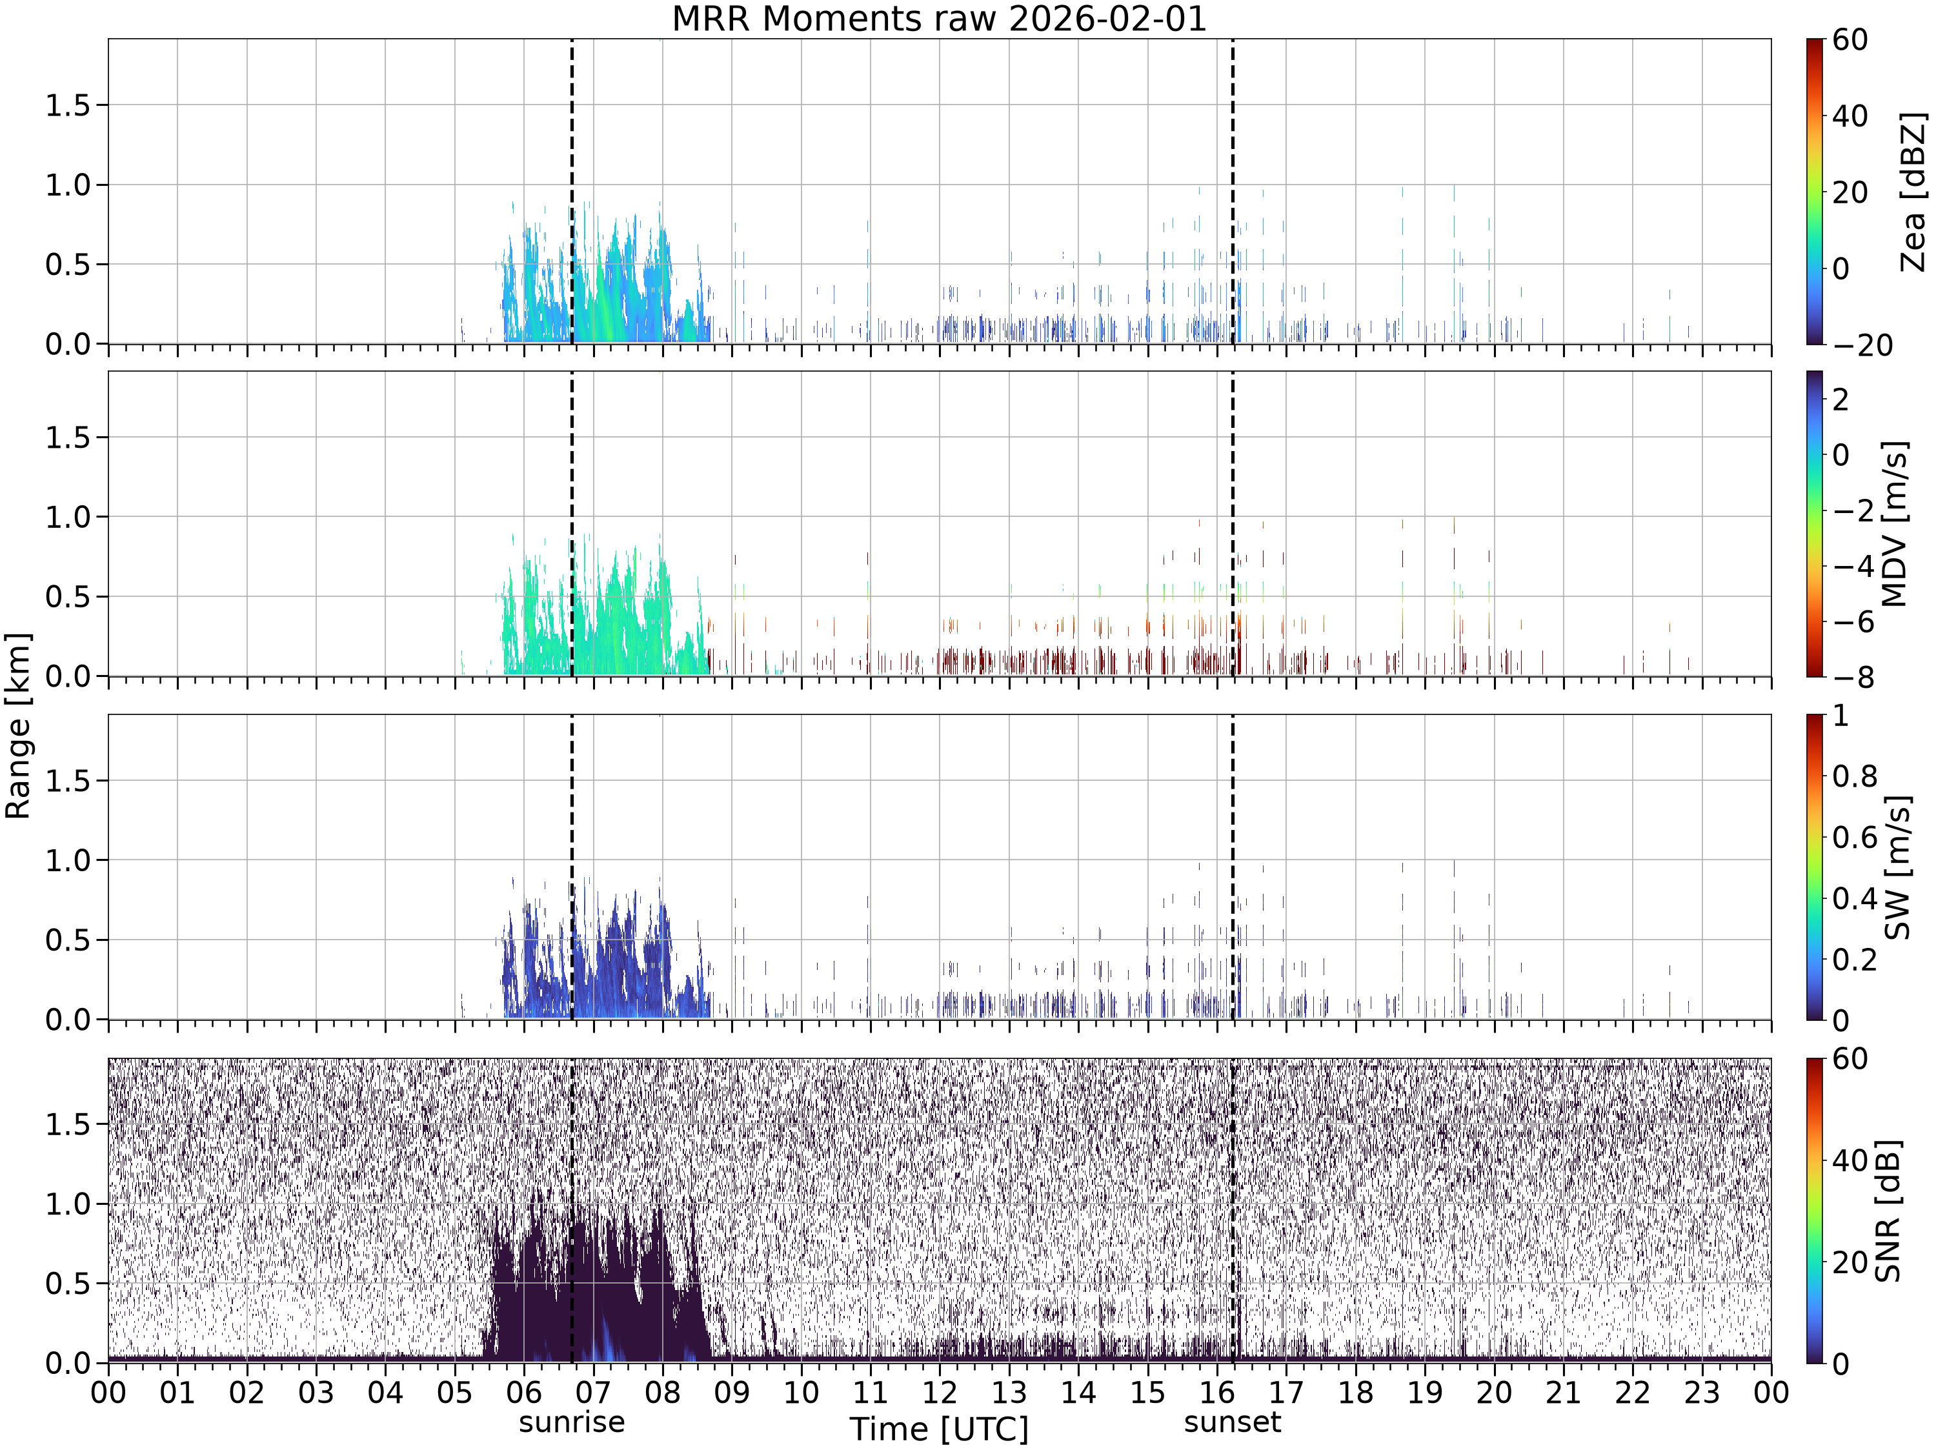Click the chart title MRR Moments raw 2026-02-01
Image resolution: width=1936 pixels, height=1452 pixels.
tap(939, 18)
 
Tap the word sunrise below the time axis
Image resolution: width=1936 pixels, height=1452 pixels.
tap(572, 1422)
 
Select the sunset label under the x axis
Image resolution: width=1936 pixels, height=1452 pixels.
tap(1233, 1422)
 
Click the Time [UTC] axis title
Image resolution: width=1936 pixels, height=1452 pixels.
tap(939, 1430)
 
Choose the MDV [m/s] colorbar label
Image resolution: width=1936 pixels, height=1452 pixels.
tap(1895, 524)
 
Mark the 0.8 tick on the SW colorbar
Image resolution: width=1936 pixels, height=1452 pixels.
tap(1855, 776)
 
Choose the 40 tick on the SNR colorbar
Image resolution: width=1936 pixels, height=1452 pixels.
tap(1850, 1160)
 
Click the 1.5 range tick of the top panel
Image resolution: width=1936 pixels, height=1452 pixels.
tap(68, 105)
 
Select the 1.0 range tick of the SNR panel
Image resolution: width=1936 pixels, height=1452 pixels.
tap(68, 1204)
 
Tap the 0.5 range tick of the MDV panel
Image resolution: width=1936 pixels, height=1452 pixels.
tap(68, 597)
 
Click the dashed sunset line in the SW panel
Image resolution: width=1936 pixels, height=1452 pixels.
tap(1233, 867)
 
